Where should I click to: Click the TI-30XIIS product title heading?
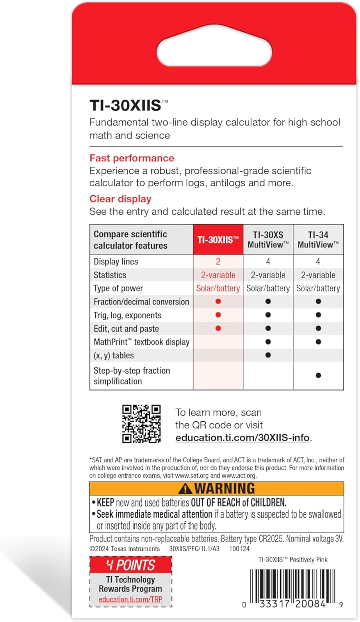click(x=125, y=105)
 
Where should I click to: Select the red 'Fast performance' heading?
click(x=132, y=158)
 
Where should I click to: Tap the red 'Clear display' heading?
click(x=120, y=199)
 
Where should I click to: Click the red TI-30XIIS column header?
click(x=218, y=239)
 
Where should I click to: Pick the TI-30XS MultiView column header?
click(x=268, y=239)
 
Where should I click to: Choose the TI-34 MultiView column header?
click(x=318, y=239)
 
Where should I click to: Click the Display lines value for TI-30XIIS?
click(x=218, y=262)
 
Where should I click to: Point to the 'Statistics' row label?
click(x=110, y=275)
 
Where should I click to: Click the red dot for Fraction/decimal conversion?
click(x=218, y=301)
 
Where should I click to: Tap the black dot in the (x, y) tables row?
click(x=268, y=355)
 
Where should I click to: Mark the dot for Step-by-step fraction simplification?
click(x=318, y=375)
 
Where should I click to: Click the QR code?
click(x=141, y=424)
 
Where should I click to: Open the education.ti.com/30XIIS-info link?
click(x=243, y=438)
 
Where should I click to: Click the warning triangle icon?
click(x=185, y=488)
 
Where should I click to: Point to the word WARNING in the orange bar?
click(x=225, y=488)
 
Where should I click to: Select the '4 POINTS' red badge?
click(x=131, y=565)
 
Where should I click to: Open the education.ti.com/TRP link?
click(x=131, y=600)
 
